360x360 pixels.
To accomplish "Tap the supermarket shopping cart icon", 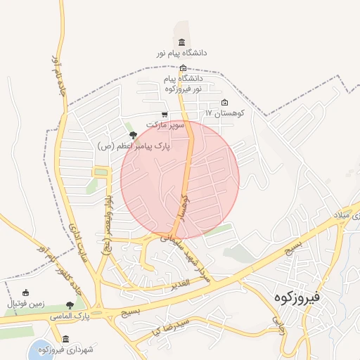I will [165, 115].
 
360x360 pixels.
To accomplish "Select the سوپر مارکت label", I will [165, 124].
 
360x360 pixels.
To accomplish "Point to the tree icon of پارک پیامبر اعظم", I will [133, 135].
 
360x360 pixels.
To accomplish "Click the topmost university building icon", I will [183, 43].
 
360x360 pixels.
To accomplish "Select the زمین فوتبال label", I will [26, 304].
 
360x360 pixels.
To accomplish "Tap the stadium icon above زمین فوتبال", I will [26, 292].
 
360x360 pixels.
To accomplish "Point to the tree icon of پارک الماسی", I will [70, 305].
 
